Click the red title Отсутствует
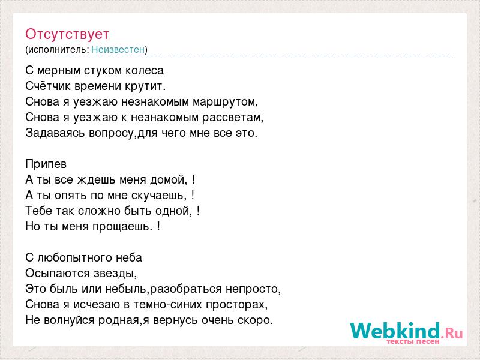pos(67,34)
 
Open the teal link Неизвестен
pos(118,50)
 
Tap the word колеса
pos(145,71)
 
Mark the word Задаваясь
pos(55,133)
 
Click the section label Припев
pos(46,164)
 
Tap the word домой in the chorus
pos(169,179)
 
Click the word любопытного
pos(73,258)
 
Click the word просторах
pos(236,305)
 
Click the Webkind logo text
pos(407,331)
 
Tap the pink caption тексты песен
pos(413,341)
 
